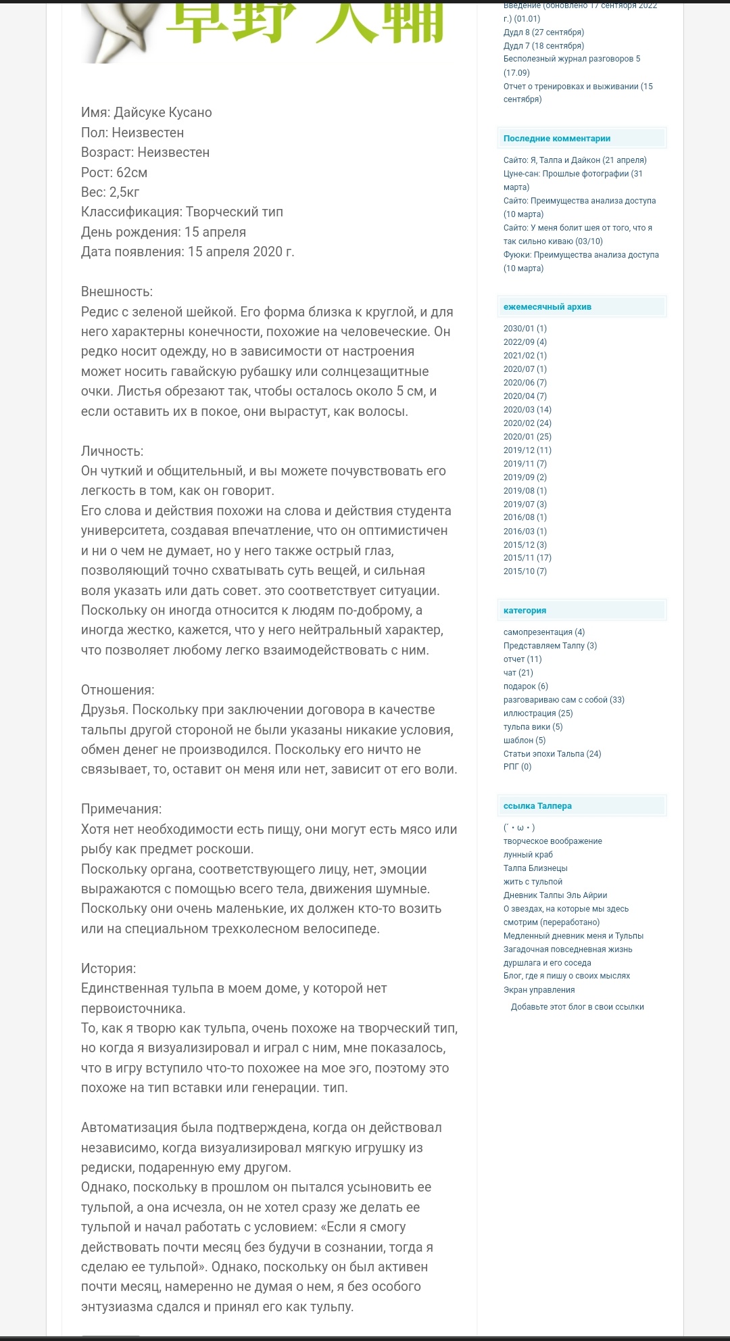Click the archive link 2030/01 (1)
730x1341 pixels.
pos(525,329)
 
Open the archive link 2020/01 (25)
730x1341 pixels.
pos(527,437)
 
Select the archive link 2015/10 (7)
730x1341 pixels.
pos(525,571)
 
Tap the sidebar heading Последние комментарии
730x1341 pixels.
pos(556,139)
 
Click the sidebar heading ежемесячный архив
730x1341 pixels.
pos(547,307)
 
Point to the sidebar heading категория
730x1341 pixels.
pos(525,611)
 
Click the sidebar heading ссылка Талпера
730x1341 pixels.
pos(537,806)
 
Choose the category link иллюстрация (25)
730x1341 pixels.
pos(537,713)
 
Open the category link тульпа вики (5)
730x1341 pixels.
pos(533,727)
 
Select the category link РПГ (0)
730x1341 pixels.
pos(517,767)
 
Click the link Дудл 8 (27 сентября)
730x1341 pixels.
pos(543,32)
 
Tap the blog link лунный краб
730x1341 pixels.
pos(528,855)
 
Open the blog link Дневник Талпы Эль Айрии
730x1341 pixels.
pos(555,895)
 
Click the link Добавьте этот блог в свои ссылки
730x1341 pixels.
pos(577,1007)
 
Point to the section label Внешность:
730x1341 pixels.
pos(117,292)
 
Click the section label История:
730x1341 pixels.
pos(108,968)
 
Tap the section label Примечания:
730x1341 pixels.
pos(121,809)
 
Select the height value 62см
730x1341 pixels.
pos(131,172)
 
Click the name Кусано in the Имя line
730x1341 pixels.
pos(185,113)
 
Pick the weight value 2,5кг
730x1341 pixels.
pos(124,192)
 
